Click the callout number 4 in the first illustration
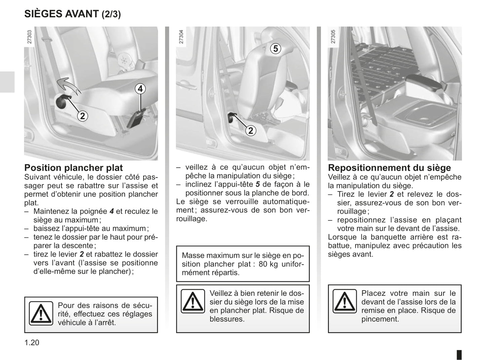[x=140, y=89]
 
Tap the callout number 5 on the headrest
[x=275, y=49]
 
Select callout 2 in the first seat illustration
[x=82, y=116]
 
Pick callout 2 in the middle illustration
[x=251, y=130]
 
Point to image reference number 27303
[x=30, y=37]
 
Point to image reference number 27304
[x=181, y=37]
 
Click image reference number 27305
[x=333, y=37]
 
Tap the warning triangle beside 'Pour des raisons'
[x=41, y=314]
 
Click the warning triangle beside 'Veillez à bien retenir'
[x=193, y=301]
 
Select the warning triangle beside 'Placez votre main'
[x=345, y=301]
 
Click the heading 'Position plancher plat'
[x=74, y=168]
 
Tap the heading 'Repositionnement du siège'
[x=389, y=168]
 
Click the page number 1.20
[x=32, y=343]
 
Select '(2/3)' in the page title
[x=111, y=14]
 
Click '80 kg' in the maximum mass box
[x=268, y=264]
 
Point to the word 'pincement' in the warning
[x=380, y=319]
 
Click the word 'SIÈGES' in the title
[x=43, y=14]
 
